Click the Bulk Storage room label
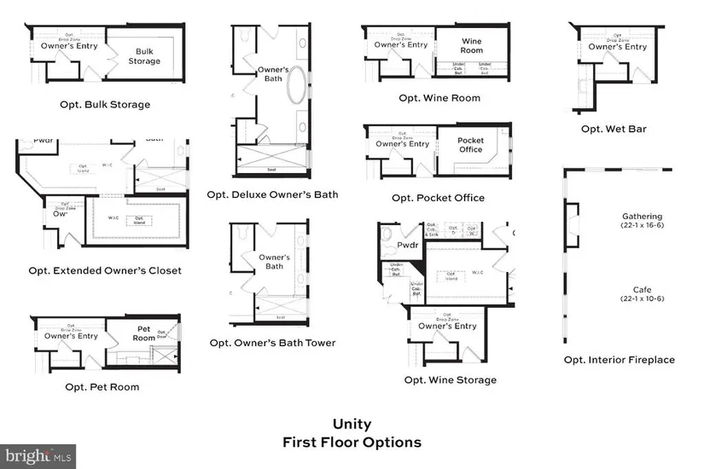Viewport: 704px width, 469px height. click(143, 55)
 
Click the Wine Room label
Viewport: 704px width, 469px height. click(471, 45)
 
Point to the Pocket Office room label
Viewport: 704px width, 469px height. click(470, 146)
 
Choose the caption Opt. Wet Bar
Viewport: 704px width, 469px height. click(614, 129)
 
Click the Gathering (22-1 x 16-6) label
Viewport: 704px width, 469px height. click(642, 222)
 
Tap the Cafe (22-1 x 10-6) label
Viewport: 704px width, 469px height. click(642, 294)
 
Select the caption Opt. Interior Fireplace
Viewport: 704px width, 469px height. click(619, 360)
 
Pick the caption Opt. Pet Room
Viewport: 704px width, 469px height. click(102, 387)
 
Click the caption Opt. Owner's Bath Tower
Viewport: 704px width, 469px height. click(272, 343)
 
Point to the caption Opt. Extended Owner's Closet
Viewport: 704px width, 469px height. click(105, 271)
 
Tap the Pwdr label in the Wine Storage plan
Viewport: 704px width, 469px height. click(407, 246)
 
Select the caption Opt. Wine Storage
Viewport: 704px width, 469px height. click(450, 380)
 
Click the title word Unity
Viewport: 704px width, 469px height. click(352, 424)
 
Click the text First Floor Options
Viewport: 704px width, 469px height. click(352, 443)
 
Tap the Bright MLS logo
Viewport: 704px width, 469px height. click(38, 455)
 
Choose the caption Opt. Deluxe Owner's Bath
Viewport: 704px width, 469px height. click(272, 194)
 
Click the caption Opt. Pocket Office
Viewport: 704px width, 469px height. click(438, 198)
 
